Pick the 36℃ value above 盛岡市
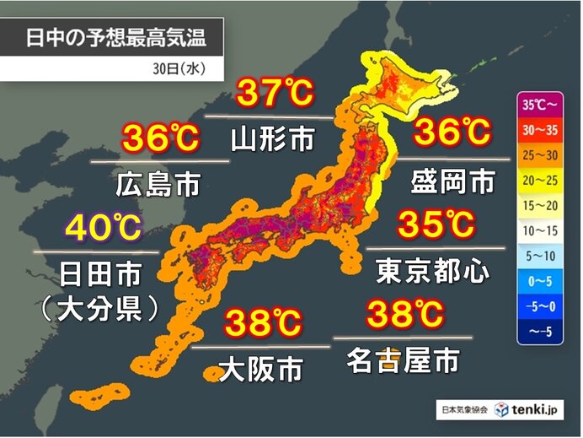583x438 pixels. pos(451,132)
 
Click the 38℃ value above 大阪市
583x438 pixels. pos(263,322)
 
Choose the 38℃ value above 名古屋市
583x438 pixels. pos(404,315)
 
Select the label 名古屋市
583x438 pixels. pos(403,361)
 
